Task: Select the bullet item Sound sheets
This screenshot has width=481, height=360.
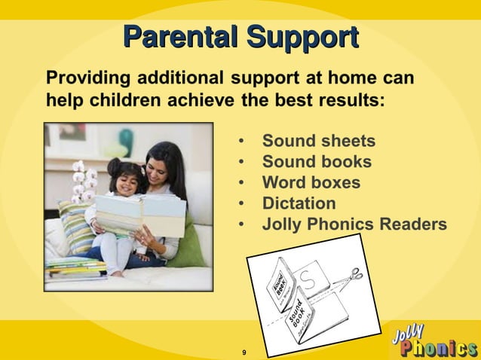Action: coord(317,142)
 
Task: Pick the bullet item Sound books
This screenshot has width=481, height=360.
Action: coord(316,162)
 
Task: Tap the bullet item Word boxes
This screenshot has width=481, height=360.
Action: coord(311,183)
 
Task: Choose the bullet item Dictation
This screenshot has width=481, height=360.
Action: coord(299,203)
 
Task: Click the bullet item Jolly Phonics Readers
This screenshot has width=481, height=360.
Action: coord(354,224)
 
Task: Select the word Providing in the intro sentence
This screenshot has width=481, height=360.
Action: coord(84,78)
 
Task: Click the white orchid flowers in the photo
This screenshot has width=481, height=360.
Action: coord(83,181)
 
